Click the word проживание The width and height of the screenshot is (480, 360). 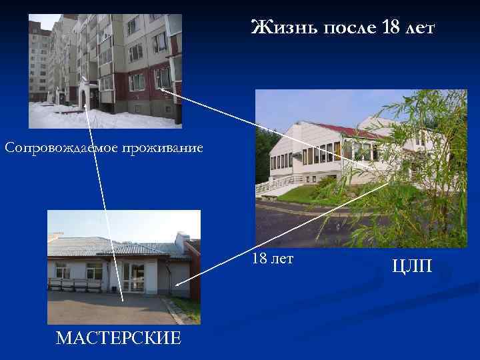click(x=166, y=147)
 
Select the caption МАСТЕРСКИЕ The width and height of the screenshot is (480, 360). click(x=119, y=337)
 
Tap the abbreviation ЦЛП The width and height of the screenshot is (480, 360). click(x=413, y=267)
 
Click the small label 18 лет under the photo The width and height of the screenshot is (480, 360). click(x=273, y=258)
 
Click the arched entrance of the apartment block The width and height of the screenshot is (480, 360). click(x=83, y=97)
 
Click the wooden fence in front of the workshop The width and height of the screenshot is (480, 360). click(x=75, y=284)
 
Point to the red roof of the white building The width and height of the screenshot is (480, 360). click(x=353, y=129)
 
